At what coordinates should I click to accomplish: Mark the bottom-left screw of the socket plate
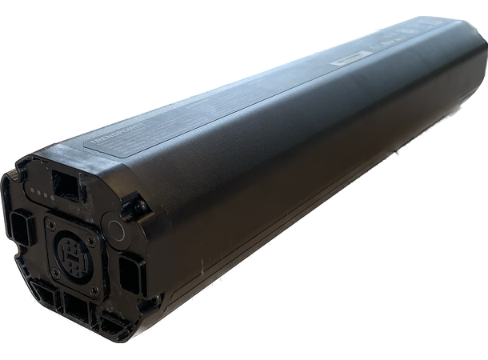pos(54,273)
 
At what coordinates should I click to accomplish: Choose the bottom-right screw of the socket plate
pos(94,290)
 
